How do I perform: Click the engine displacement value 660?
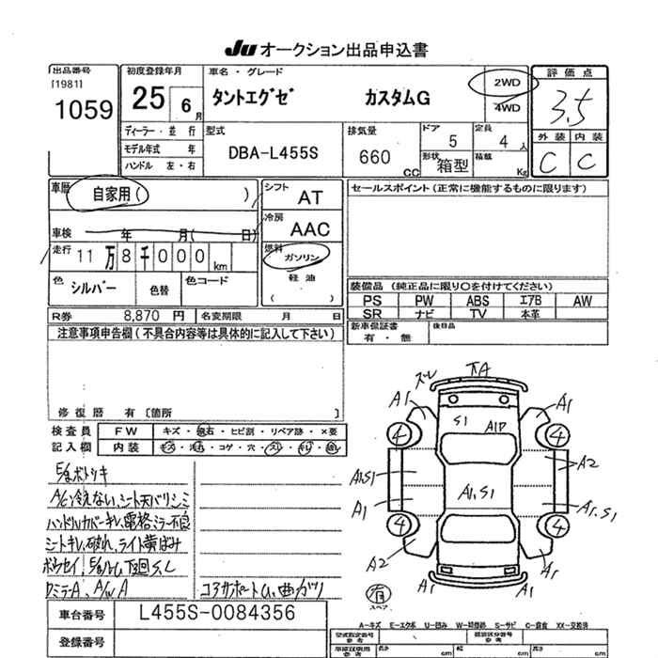click(x=375, y=158)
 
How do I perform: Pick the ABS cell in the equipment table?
click(x=478, y=300)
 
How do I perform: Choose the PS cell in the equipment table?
click(x=372, y=300)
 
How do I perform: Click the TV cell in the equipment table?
click(x=478, y=313)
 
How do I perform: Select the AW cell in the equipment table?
click(x=582, y=300)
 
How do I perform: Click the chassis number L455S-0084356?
click(x=216, y=613)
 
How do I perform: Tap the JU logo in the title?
click(x=238, y=50)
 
